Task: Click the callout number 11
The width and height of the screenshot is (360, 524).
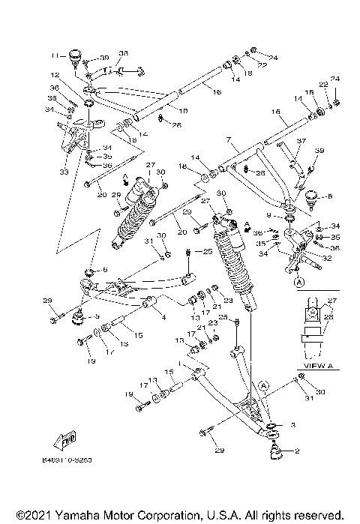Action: coord(55,55)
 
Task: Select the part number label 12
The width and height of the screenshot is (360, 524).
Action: coord(55,76)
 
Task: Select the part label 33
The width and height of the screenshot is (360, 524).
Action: coord(63,172)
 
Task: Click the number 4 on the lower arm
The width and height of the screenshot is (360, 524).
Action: coord(163,316)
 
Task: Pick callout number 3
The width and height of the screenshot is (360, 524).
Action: coord(293,425)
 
